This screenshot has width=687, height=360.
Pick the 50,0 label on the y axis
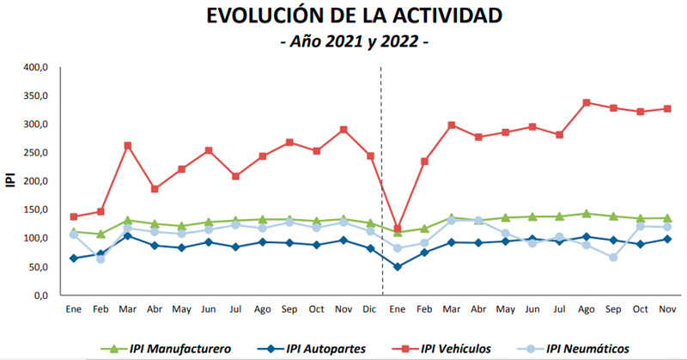click(x=37, y=267)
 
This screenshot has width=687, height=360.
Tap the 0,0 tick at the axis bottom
click(x=40, y=296)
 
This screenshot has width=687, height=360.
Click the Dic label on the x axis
click(x=370, y=308)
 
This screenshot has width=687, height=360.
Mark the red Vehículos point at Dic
click(x=370, y=156)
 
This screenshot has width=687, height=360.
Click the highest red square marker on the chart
click(x=587, y=102)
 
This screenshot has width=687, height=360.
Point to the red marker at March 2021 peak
click(x=127, y=146)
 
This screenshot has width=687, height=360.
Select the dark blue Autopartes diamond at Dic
click(x=370, y=248)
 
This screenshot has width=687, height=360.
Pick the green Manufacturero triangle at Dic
click(x=370, y=223)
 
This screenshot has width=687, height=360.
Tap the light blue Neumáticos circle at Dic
click(x=370, y=231)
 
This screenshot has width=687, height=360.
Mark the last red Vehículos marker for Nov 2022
click(x=667, y=108)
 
